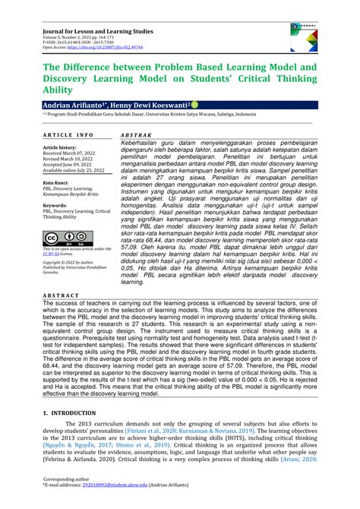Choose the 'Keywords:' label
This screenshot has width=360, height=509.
[x=56, y=205]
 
